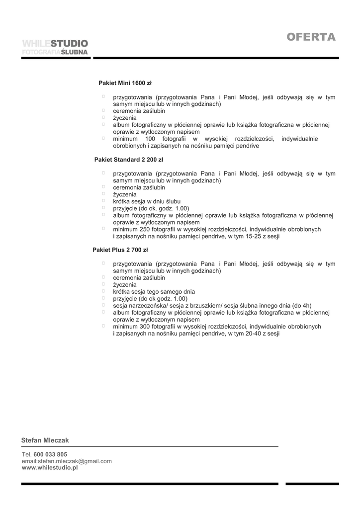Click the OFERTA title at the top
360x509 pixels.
[311, 38]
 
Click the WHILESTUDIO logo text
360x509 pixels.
[55, 44]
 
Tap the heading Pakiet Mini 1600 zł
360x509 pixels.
[125, 83]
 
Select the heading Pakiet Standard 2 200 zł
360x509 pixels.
[129, 160]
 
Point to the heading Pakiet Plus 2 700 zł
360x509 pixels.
[120, 250]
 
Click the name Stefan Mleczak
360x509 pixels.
[45, 440]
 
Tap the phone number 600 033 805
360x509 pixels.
[50, 454]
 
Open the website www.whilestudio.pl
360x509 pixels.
[50, 468]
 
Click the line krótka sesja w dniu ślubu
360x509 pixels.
[143, 201]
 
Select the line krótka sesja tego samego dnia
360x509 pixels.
[154, 292]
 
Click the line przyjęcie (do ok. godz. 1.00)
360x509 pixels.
[151, 208]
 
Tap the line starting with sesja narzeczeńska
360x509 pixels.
[212, 305]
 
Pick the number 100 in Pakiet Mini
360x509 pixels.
[151, 139]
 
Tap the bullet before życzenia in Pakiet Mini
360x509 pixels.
[104, 118]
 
